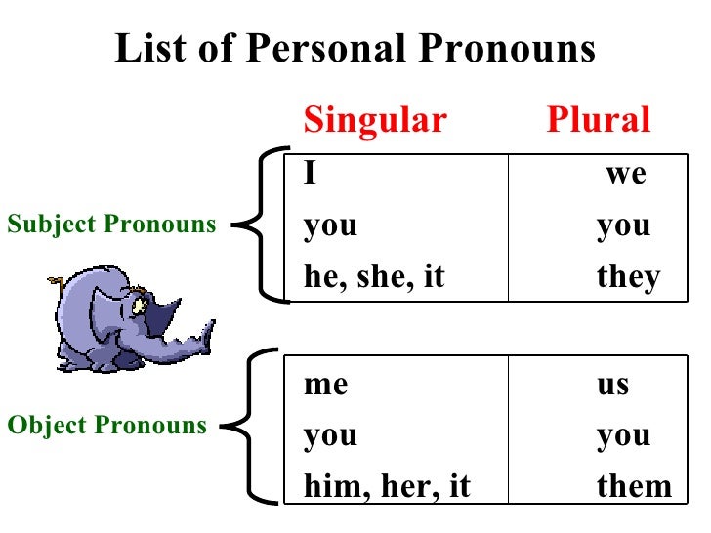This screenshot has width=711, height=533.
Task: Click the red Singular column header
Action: pyautogui.click(x=375, y=120)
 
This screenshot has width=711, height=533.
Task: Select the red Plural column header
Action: pyautogui.click(x=598, y=120)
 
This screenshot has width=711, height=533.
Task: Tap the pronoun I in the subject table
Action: pyautogui.click(x=310, y=174)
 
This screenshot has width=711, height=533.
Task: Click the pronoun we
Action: pyautogui.click(x=626, y=174)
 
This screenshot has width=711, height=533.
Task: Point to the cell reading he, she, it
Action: pyautogui.click(x=374, y=277)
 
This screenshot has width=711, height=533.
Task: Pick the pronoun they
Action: pyautogui.click(x=628, y=277)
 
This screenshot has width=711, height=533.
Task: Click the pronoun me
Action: pyautogui.click(x=325, y=384)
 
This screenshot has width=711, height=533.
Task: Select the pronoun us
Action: pyautogui.click(x=613, y=384)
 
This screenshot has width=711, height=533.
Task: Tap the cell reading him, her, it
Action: pyautogui.click(x=387, y=486)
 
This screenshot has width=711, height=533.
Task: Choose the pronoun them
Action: pyautogui.click(x=634, y=486)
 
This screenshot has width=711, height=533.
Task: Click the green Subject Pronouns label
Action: pyautogui.click(x=111, y=225)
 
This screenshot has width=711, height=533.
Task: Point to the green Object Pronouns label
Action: pyautogui.click(x=106, y=426)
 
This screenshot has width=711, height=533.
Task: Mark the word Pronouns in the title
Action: pyautogui.click(x=504, y=48)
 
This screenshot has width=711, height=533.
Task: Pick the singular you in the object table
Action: pyautogui.click(x=330, y=434)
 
